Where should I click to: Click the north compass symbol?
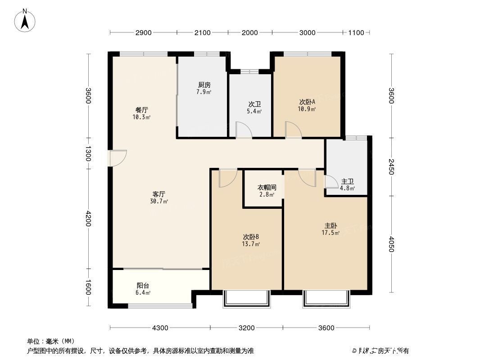[26, 20]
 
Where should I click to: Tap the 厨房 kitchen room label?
[204, 85]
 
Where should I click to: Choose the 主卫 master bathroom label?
[347, 181]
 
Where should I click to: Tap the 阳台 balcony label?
[143, 285]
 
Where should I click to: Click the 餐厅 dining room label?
[142, 110]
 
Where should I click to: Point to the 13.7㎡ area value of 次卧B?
[250, 244]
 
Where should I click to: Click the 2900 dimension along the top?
[143, 32]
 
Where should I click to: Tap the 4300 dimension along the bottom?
[160, 328]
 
